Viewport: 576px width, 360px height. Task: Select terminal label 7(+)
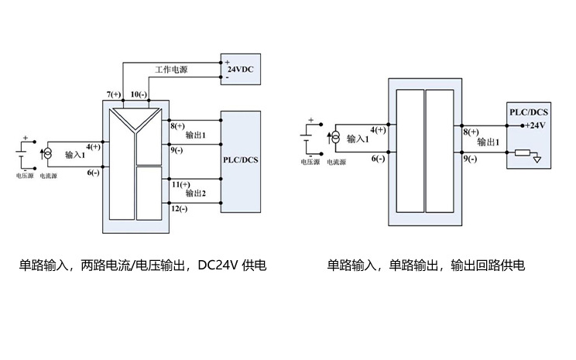(x=114, y=94)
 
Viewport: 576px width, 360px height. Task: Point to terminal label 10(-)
(x=139, y=94)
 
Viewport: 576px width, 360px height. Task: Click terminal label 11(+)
(x=180, y=184)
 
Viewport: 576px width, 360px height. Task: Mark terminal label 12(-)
(x=179, y=209)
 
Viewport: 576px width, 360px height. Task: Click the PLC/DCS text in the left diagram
(x=240, y=160)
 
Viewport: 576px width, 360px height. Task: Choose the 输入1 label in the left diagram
(x=75, y=154)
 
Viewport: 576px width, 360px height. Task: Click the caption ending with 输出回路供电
(x=426, y=266)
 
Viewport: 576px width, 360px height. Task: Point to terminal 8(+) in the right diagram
(x=470, y=132)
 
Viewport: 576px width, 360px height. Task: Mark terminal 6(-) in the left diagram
(x=93, y=172)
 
